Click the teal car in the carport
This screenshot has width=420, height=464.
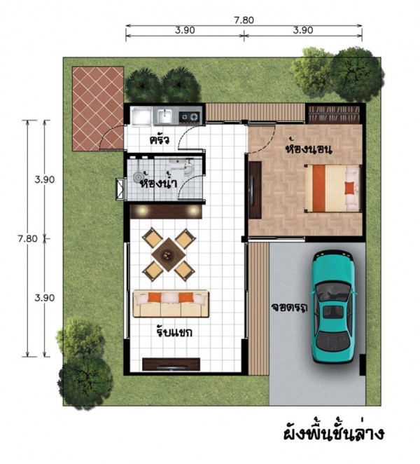[x=332, y=306]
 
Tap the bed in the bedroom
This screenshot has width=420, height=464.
[x=332, y=189]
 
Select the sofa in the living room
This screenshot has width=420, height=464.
[x=171, y=304]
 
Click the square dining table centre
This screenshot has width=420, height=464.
[x=168, y=254]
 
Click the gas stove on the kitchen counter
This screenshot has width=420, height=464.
[x=190, y=116]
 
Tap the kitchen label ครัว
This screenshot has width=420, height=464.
[x=160, y=140]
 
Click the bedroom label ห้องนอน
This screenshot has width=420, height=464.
[x=308, y=148]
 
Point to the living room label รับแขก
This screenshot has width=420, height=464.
[x=174, y=331]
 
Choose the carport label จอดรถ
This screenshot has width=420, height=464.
[x=289, y=308]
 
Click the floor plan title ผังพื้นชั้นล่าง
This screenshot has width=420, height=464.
[x=334, y=434]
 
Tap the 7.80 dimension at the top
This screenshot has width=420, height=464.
[x=244, y=20]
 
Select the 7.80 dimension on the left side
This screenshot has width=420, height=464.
[x=27, y=238]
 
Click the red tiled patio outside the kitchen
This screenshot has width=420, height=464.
[x=98, y=109]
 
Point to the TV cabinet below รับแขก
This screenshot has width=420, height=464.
[x=171, y=364]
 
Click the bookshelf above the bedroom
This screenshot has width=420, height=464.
[x=334, y=114]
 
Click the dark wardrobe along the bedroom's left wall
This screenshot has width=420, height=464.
[x=255, y=190]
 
